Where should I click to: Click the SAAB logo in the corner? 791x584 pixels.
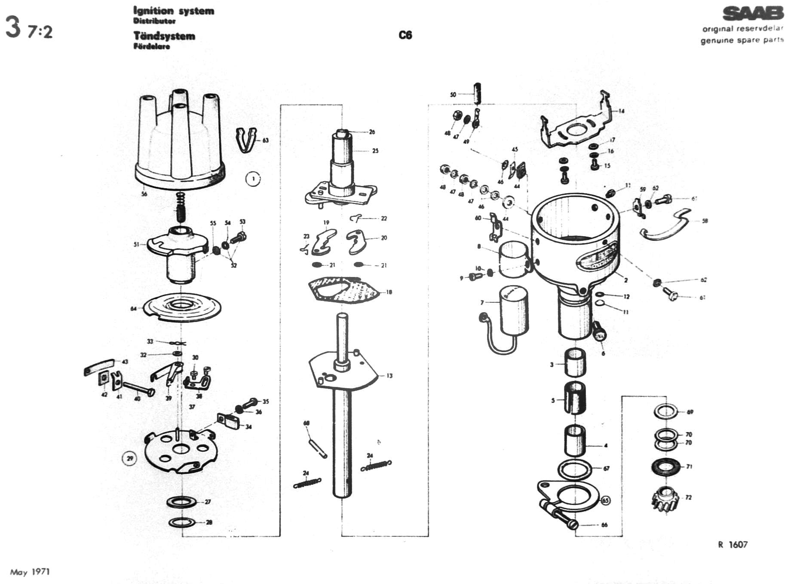tap(752, 14)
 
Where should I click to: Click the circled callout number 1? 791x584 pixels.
tap(253, 179)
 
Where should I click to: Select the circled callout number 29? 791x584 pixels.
tap(129, 459)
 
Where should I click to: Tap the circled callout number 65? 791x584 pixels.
tap(605, 501)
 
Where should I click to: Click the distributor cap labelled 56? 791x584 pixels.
tap(178, 142)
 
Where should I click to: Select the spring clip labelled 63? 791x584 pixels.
tap(246, 140)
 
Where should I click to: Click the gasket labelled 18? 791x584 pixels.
tap(344, 290)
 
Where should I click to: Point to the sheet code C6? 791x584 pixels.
tap(405, 35)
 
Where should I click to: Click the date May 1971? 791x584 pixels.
tap(30, 572)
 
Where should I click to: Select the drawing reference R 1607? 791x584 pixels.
tap(733, 544)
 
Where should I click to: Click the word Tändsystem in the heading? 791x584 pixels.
tap(164, 36)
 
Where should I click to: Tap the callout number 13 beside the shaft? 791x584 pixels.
tap(389, 376)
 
